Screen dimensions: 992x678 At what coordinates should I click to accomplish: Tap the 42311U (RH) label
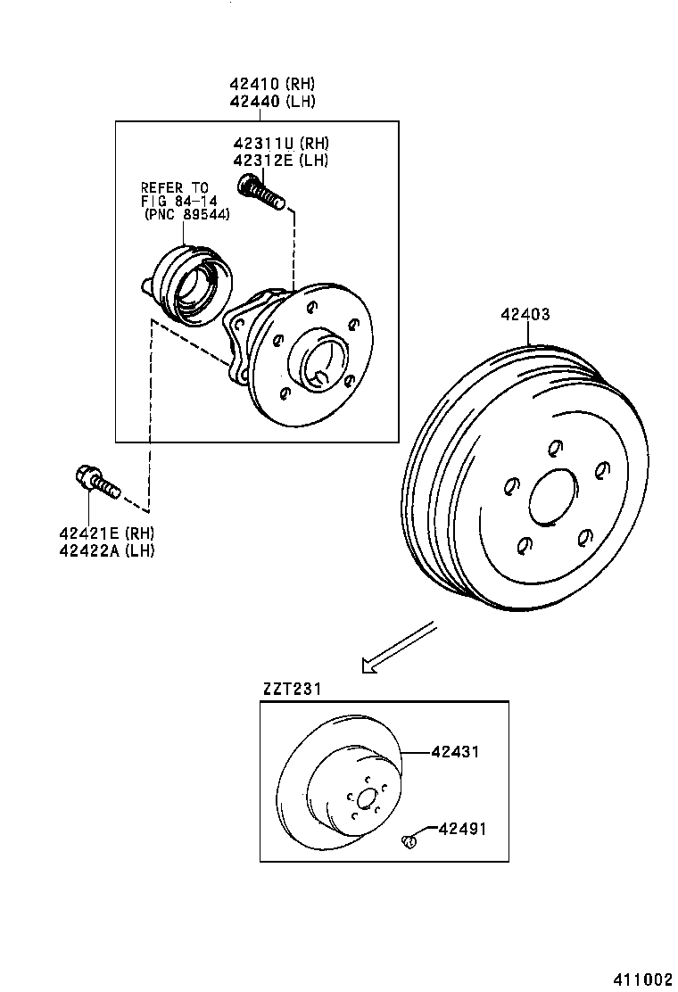(281, 144)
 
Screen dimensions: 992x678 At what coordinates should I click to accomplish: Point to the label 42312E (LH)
(281, 161)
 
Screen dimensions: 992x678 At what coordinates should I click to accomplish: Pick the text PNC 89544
(188, 214)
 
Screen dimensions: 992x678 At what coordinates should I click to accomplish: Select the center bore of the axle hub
(321, 362)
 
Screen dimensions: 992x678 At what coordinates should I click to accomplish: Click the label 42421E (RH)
(107, 533)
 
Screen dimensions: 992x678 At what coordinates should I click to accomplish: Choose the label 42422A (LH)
(107, 550)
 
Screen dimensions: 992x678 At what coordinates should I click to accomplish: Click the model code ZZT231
(291, 689)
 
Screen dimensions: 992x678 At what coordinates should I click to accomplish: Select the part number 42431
(455, 752)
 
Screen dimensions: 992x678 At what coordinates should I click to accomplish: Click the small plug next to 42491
(409, 839)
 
